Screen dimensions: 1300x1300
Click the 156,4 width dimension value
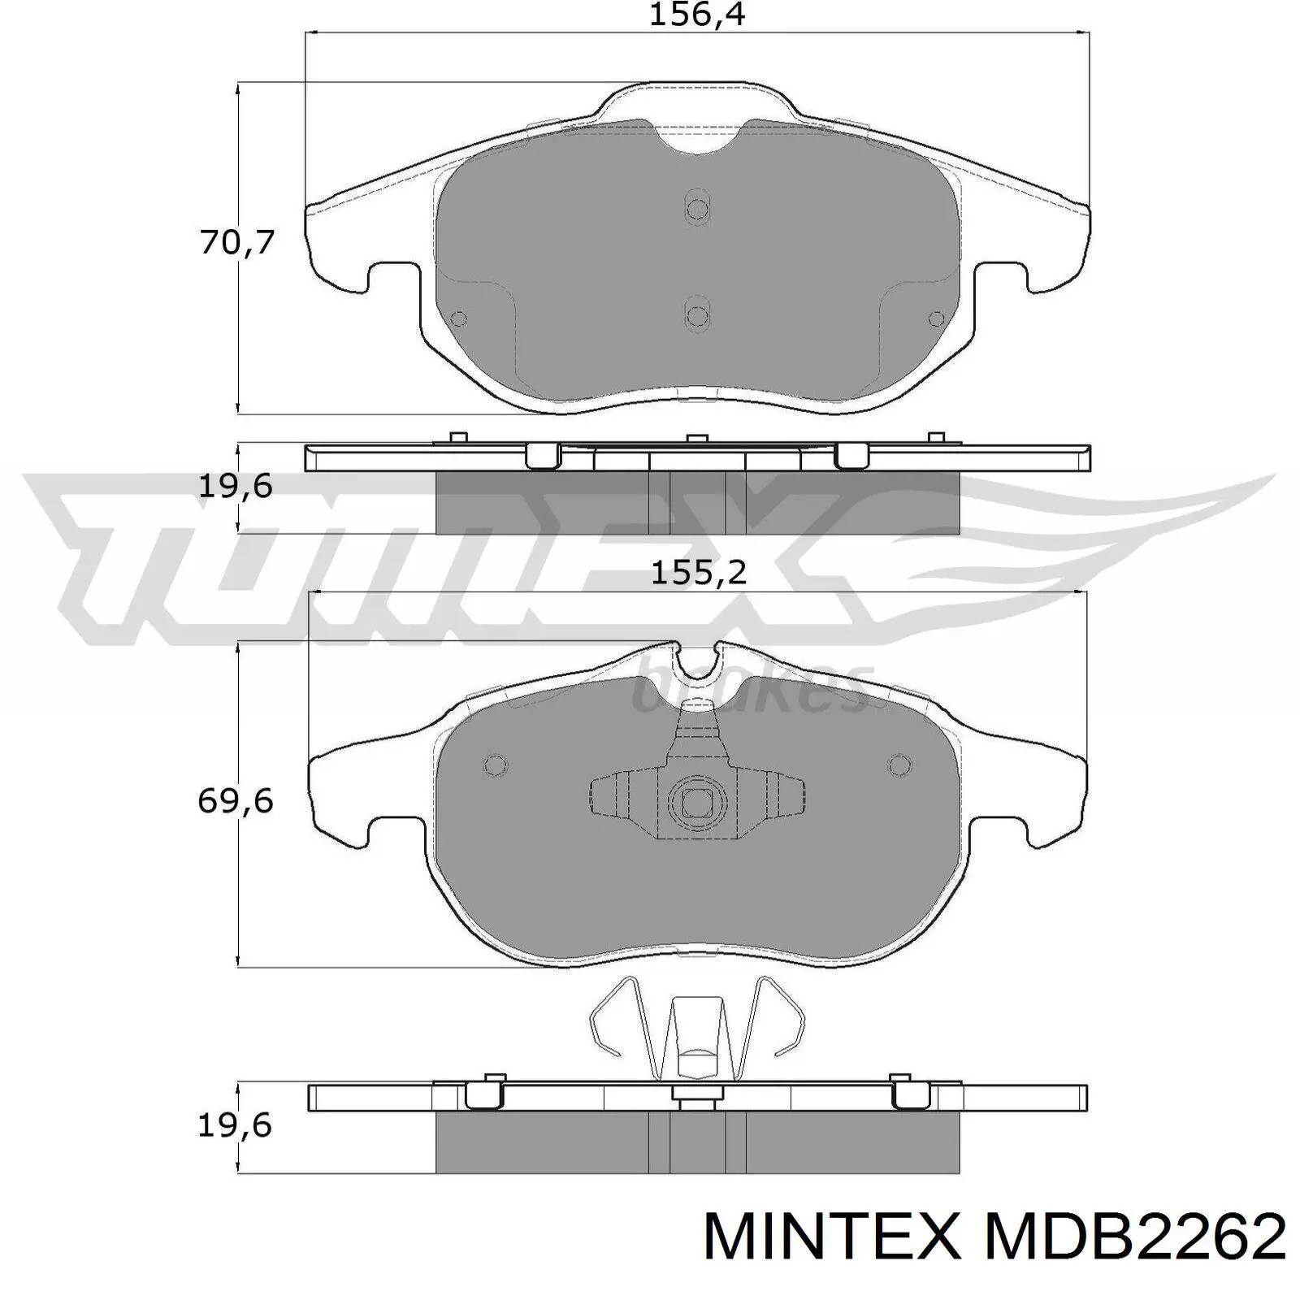click(x=697, y=15)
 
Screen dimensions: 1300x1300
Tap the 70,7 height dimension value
click(x=237, y=242)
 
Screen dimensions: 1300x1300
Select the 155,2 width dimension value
click(x=699, y=574)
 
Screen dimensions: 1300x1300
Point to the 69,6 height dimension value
click(x=236, y=802)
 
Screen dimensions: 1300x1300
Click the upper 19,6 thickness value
click(x=236, y=487)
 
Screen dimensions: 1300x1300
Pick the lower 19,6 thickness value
click(x=236, y=1125)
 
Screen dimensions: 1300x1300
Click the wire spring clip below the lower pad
click(x=697, y=1028)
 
